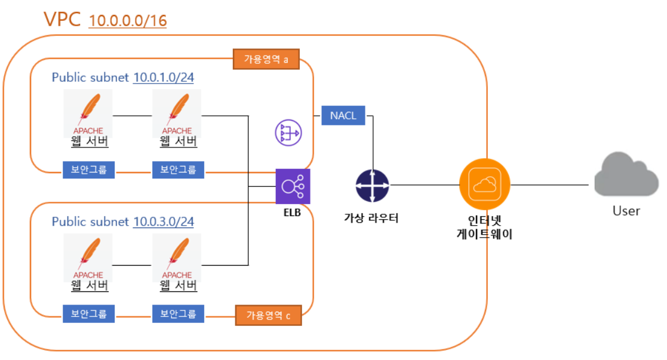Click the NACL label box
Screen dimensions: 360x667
[343, 115]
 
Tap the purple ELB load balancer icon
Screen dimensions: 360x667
[293, 186]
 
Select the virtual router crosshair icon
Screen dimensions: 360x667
[372, 185]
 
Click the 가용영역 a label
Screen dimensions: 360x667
[266, 60]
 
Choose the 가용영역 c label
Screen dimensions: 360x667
[268, 315]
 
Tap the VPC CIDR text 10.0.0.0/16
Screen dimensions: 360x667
[128, 21]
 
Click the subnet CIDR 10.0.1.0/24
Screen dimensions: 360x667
[164, 78]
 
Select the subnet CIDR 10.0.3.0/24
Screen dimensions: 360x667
[164, 221]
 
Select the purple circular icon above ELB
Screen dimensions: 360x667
[288, 133]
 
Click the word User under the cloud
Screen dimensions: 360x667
[626, 211]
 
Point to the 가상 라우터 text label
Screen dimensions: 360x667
[371, 218]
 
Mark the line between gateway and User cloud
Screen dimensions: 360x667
[552, 184]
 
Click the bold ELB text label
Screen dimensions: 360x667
[292, 212]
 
